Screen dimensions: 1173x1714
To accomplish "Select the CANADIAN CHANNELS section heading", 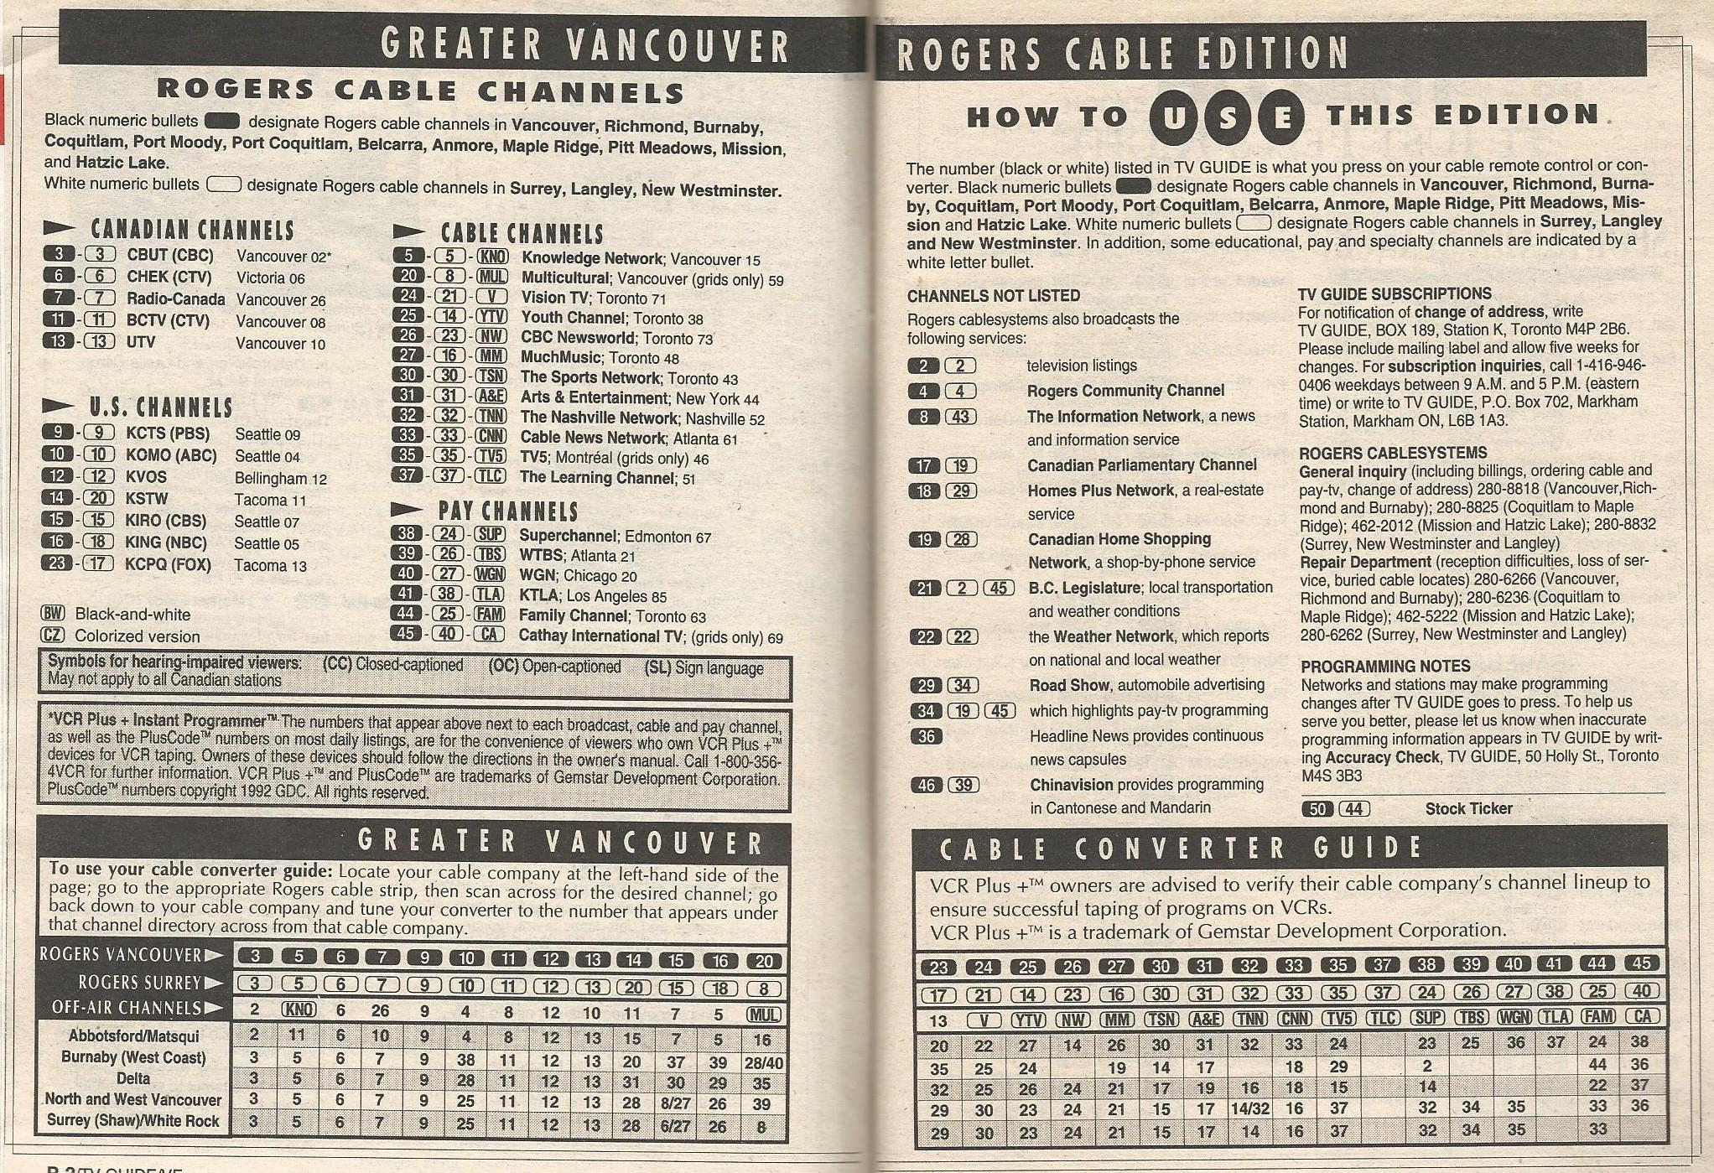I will [192, 230].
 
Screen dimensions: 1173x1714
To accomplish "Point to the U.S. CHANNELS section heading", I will [161, 407].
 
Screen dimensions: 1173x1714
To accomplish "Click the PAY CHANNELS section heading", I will [507, 511].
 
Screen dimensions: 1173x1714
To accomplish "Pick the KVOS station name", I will [147, 477].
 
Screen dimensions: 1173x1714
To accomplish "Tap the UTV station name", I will [142, 342].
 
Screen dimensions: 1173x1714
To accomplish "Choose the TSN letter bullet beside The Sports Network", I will [491, 376].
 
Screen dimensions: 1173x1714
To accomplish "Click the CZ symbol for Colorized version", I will [53, 636].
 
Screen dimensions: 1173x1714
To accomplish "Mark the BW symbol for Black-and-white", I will [53, 614].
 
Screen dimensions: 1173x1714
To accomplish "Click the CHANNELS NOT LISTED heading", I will [993, 296].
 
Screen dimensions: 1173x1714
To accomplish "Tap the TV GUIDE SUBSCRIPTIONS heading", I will [1394, 294].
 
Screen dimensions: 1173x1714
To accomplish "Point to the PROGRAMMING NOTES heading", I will [1385, 667].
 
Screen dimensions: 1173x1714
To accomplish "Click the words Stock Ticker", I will [1468, 808].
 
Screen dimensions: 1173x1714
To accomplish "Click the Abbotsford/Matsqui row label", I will [133, 1036].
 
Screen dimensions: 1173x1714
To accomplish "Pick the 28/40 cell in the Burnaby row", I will [763, 1061].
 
